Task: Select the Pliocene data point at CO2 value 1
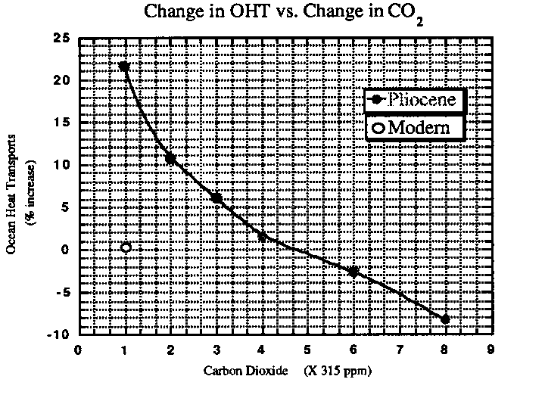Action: [x=124, y=67]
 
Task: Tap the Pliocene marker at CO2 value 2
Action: [x=170, y=159]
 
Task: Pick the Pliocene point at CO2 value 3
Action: [x=216, y=198]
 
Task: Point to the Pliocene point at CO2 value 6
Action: [x=353, y=271]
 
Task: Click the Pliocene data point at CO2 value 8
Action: [x=445, y=319]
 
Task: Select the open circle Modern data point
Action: [x=126, y=247]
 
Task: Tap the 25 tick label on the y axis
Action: [x=62, y=38]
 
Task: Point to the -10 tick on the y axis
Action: [x=59, y=334]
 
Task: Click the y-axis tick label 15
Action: [x=62, y=123]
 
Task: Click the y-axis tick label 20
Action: [x=62, y=80]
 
